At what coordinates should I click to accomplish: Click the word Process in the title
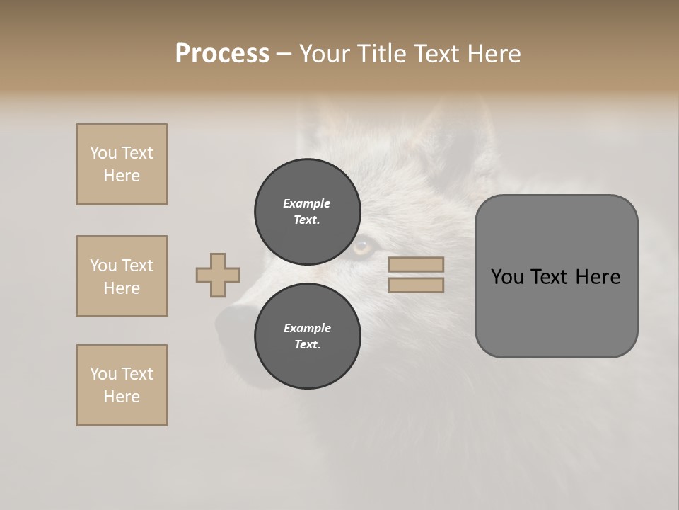(222, 54)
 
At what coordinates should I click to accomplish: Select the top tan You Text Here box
(122, 164)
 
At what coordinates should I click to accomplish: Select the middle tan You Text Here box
(122, 276)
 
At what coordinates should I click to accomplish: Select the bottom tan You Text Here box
(122, 385)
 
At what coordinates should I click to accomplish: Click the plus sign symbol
(218, 275)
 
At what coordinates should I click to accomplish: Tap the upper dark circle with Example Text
(307, 212)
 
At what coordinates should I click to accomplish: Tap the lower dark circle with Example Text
(307, 336)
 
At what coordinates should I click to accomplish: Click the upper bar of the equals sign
(417, 264)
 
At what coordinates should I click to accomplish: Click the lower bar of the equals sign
(417, 285)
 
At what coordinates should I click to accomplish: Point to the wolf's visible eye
(362, 247)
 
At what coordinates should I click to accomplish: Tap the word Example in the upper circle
(307, 203)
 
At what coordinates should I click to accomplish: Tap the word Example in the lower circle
(307, 328)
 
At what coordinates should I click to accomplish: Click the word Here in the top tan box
(122, 176)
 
